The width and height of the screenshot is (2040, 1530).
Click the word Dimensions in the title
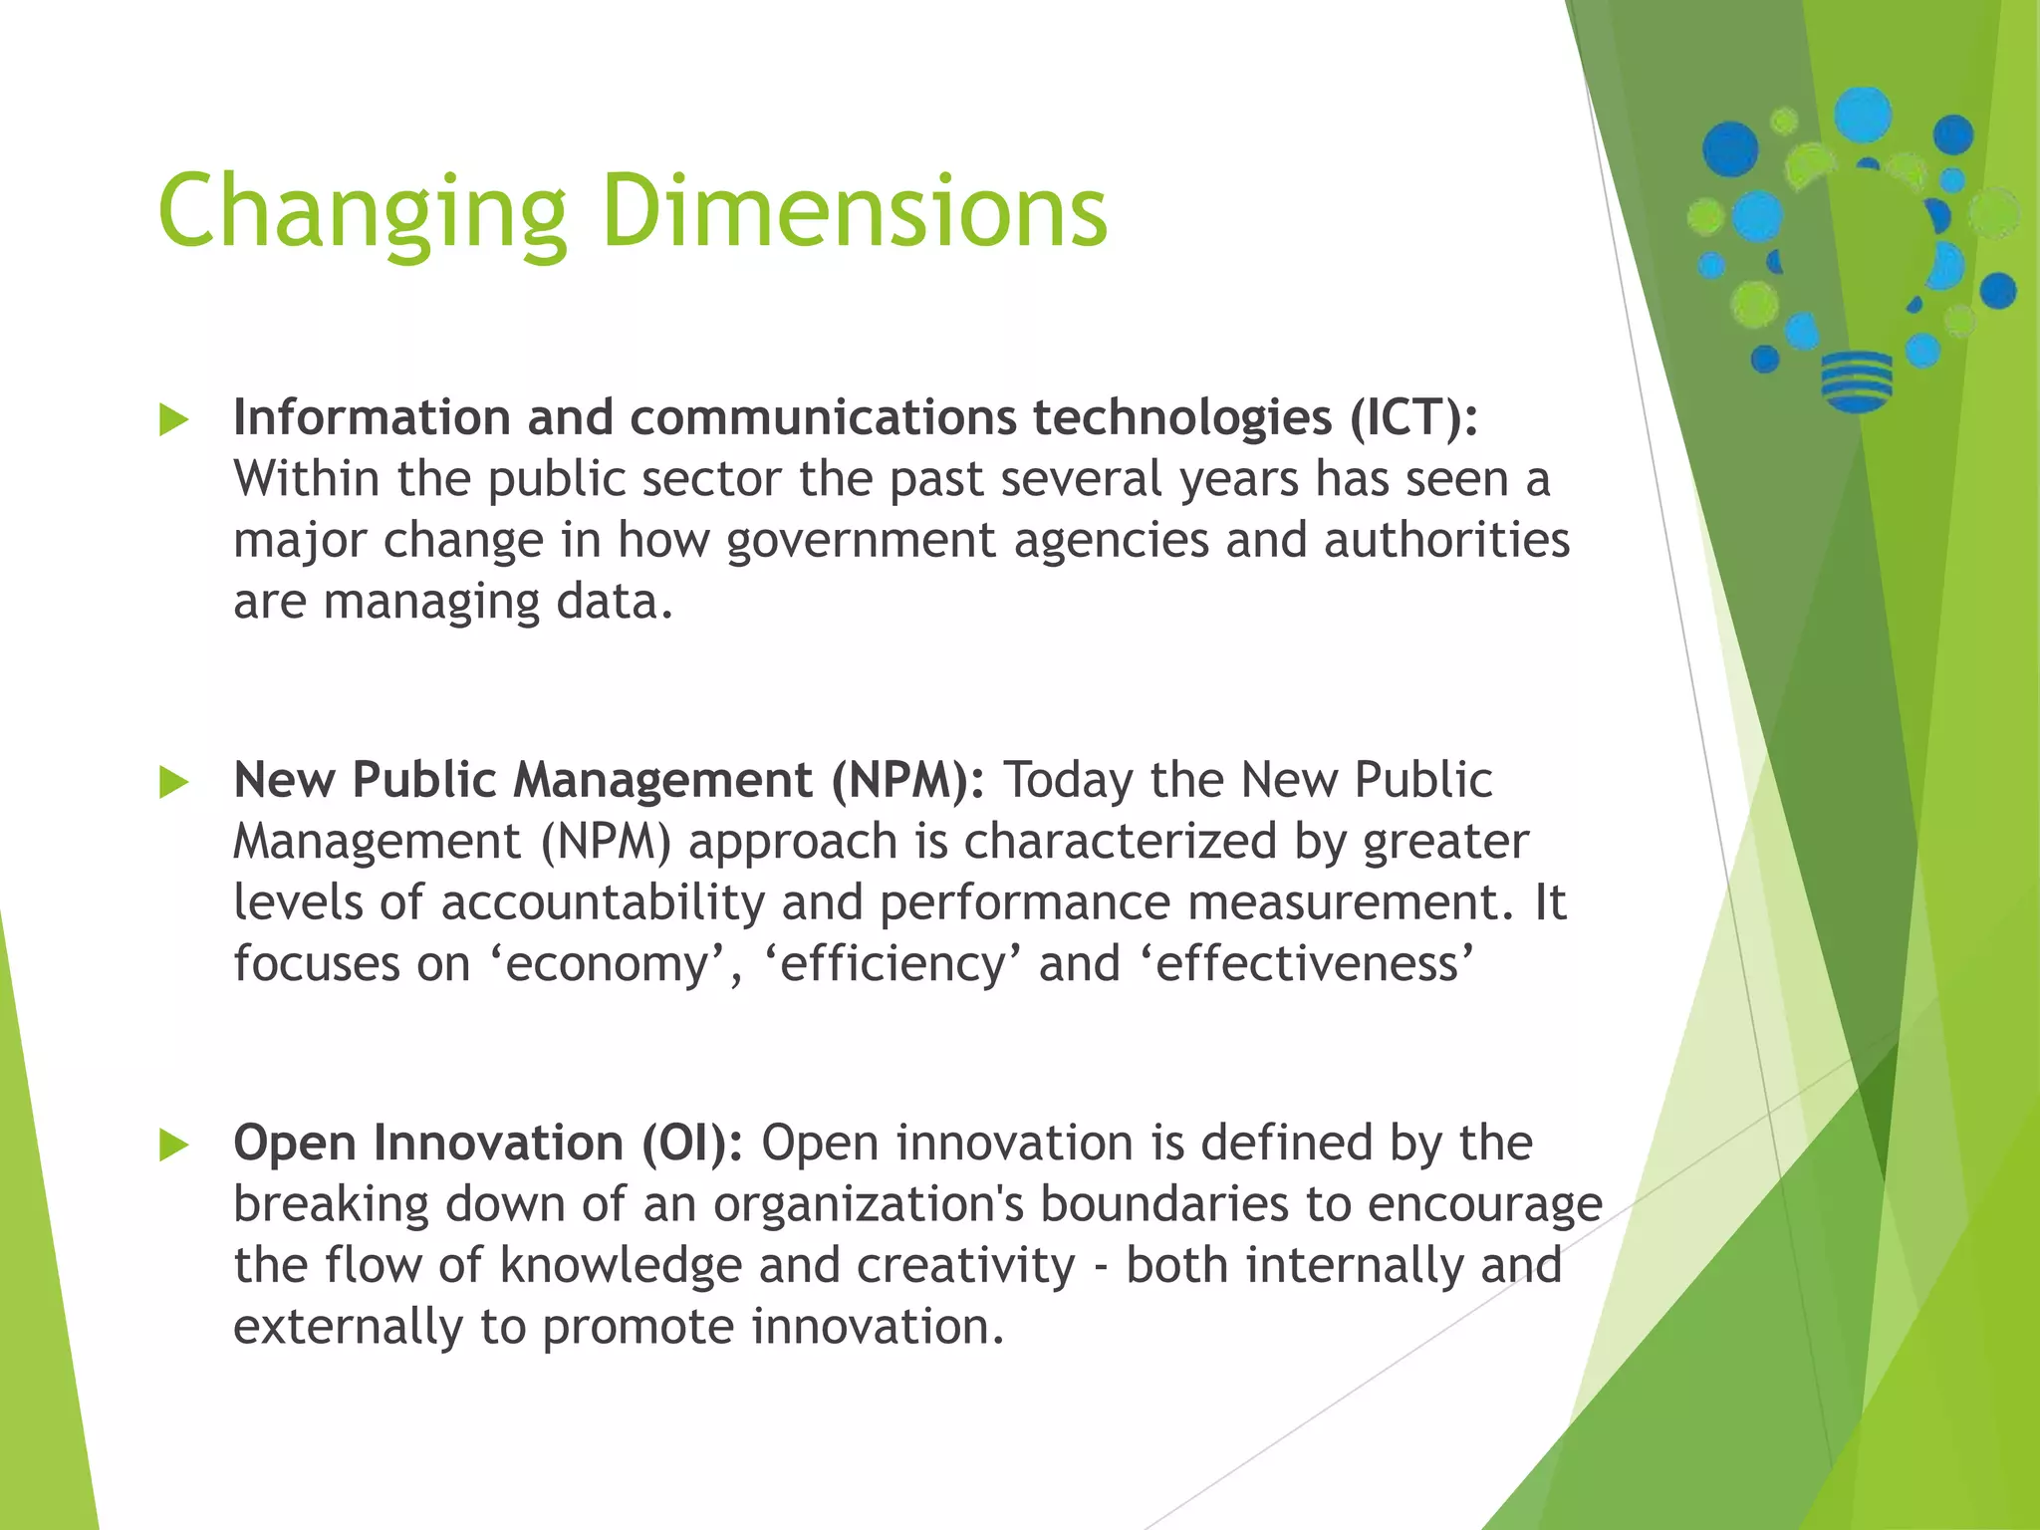coord(855,211)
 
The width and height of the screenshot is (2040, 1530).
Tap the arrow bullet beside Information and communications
coord(173,419)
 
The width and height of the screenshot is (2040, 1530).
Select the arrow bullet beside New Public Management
coord(173,782)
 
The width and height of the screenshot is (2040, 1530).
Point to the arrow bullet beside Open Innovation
coord(173,1145)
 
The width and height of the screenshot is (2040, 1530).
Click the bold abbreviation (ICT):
coord(1413,417)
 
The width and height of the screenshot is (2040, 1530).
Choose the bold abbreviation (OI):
coord(692,1143)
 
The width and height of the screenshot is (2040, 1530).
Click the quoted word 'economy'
coord(608,964)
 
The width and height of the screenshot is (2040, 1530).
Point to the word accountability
coord(603,902)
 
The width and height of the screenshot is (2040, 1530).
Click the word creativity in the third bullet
coord(965,1266)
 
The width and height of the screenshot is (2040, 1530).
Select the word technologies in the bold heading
coord(1181,417)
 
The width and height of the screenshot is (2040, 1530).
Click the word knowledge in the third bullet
coord(621,1266)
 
